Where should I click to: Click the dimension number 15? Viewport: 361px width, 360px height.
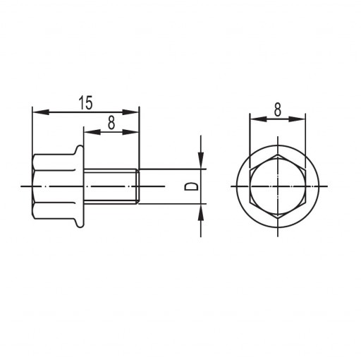tap(85, 103)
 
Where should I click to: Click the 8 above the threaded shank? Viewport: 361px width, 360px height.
tap(111, 123)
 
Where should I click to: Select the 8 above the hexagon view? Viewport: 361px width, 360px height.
tap(278, 109)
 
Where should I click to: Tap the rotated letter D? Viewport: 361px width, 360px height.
tap(191, 187)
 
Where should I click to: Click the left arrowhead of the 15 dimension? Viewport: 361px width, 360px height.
tap(41, 112)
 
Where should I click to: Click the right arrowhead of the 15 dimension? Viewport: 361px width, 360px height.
tap(130, 112)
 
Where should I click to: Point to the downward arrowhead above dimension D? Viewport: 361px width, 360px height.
tap(201, 160)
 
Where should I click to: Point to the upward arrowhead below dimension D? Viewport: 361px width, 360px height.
tap(201, 212)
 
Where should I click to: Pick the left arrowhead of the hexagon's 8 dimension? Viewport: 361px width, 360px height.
tap(259, 119)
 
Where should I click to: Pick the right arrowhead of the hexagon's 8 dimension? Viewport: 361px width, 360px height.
tap(297, 119)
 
